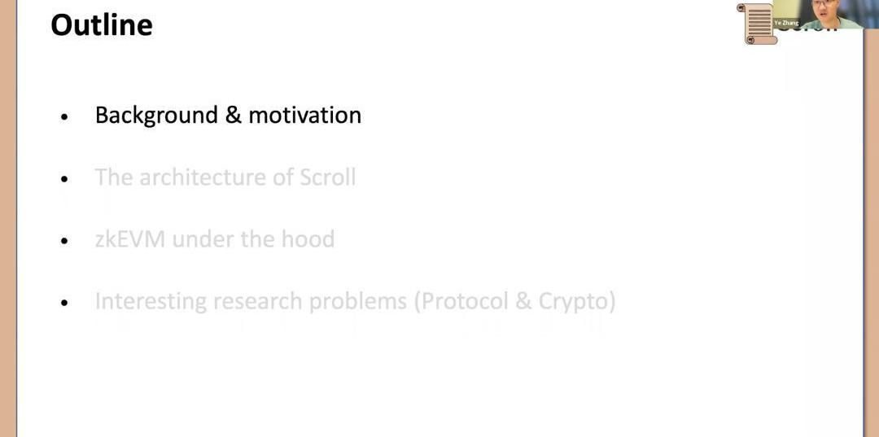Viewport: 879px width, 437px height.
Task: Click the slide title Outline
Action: (102, 25)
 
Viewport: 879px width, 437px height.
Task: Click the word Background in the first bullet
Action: (156, 116)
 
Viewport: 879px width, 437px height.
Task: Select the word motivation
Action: (305, 115)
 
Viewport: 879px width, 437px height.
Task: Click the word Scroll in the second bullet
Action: (327, 177)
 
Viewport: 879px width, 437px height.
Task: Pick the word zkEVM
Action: (130, 239)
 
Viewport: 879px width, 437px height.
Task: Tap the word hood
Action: (308, 239)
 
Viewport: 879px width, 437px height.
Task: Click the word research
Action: (259, 301)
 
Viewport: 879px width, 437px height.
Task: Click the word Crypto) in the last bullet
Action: (577, 301)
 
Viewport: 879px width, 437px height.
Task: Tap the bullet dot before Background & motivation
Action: (64, 117)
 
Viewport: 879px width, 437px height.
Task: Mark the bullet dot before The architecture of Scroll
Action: (64, 179)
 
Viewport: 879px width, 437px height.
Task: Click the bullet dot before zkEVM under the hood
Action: (64, 241)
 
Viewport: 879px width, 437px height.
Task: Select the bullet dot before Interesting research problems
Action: (64, 303)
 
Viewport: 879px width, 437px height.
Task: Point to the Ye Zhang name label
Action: (786, 23)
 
